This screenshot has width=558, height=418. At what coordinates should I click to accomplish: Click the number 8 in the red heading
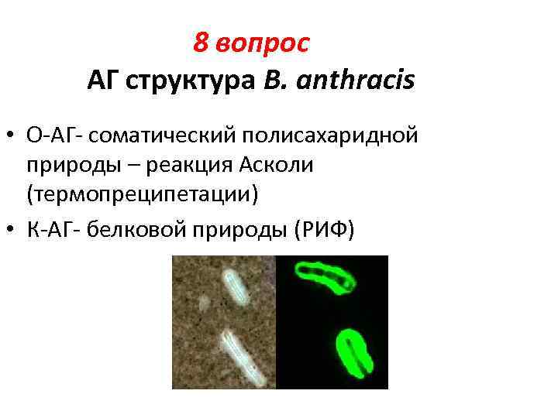point(201,44)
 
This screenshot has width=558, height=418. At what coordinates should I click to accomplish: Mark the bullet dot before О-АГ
point(13,138)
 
